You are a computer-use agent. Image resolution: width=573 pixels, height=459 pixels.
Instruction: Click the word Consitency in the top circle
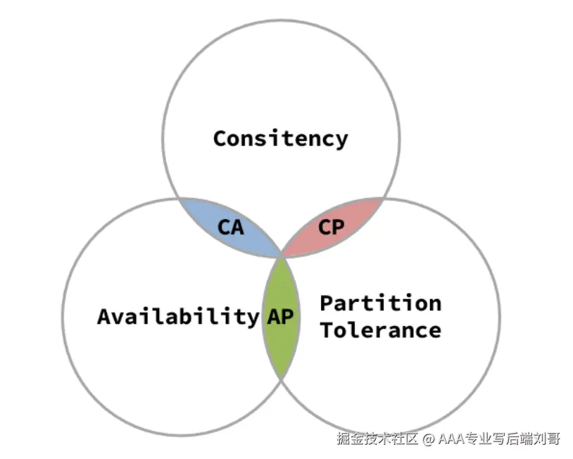coord(281,139)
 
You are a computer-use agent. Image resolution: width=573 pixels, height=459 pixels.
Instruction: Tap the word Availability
coord(178,317)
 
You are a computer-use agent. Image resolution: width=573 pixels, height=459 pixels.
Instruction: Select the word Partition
coord(381,303)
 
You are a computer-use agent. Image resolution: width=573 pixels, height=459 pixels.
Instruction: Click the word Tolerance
coord(381,330)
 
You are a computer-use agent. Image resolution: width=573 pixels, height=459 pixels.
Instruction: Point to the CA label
coord(231,227)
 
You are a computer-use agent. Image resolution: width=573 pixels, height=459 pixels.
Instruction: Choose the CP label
coord(331,227)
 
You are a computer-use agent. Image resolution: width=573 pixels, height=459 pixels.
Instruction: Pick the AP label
coord(280,317)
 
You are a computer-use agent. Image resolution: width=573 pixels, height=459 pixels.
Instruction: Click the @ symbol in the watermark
coord(428,439)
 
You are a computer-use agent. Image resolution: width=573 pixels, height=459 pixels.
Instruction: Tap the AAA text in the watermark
coord(453,438)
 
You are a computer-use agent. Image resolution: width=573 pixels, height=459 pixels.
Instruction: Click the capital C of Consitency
coord(221,139)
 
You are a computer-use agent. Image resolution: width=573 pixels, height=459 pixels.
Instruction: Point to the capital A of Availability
coord(104,317)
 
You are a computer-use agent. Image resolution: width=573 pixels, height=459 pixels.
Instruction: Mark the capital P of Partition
coord(327,303)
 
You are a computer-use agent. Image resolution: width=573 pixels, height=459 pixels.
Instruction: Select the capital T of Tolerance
coord(327,330)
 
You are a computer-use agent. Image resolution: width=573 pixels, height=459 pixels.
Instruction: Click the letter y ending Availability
coord(253,319)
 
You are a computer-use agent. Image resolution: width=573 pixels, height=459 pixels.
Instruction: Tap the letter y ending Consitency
coord(341,142)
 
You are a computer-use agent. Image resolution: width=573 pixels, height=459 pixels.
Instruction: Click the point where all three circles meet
coord(282,257)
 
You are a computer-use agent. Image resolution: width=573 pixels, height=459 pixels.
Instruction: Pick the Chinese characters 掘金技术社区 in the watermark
coord(377,439)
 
